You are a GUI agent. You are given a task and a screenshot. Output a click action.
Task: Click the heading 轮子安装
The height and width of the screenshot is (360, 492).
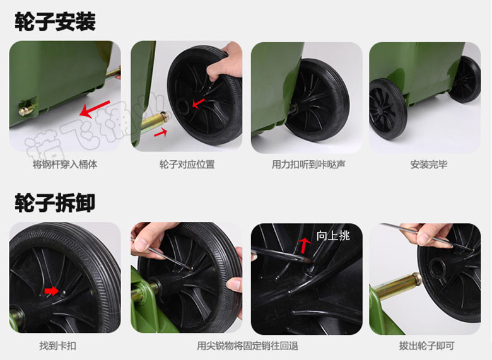coord(56,21)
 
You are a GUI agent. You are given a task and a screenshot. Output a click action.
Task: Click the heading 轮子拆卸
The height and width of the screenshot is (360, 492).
coord(55,203)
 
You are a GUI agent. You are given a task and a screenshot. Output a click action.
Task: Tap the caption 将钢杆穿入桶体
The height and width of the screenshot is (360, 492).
coord(65,165)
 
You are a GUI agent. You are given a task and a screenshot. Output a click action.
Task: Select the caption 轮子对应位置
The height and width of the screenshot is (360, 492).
coord(187,165)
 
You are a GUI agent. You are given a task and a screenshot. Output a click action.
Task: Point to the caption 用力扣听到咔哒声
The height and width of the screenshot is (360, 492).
coord(308,165)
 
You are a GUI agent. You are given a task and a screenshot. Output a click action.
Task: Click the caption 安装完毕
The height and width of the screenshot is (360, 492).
coord(429,165)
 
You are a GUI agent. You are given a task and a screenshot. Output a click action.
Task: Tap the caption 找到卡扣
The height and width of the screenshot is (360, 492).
coord(58,345)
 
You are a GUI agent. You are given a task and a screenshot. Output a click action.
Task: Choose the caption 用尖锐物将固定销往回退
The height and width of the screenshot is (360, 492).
coord(247,345)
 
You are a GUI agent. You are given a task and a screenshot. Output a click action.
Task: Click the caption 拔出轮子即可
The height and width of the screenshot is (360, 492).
coord(427,345)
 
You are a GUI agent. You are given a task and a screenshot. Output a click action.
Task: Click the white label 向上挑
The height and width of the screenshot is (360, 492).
coord(333,236)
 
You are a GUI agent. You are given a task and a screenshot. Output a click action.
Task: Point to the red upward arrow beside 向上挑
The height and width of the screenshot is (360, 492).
coord(304,245)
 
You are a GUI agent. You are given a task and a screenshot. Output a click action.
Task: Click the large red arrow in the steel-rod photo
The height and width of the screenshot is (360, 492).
coord(95,109)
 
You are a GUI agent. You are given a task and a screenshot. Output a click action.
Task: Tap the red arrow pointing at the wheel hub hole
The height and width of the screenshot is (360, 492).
coord(198,103)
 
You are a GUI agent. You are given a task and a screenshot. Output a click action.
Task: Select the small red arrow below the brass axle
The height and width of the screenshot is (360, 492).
coord(160,133)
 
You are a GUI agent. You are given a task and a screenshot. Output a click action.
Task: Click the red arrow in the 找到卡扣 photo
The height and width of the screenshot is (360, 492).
coord(52,291)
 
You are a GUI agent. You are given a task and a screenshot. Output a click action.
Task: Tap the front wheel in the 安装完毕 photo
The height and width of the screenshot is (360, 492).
coord(389,108)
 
